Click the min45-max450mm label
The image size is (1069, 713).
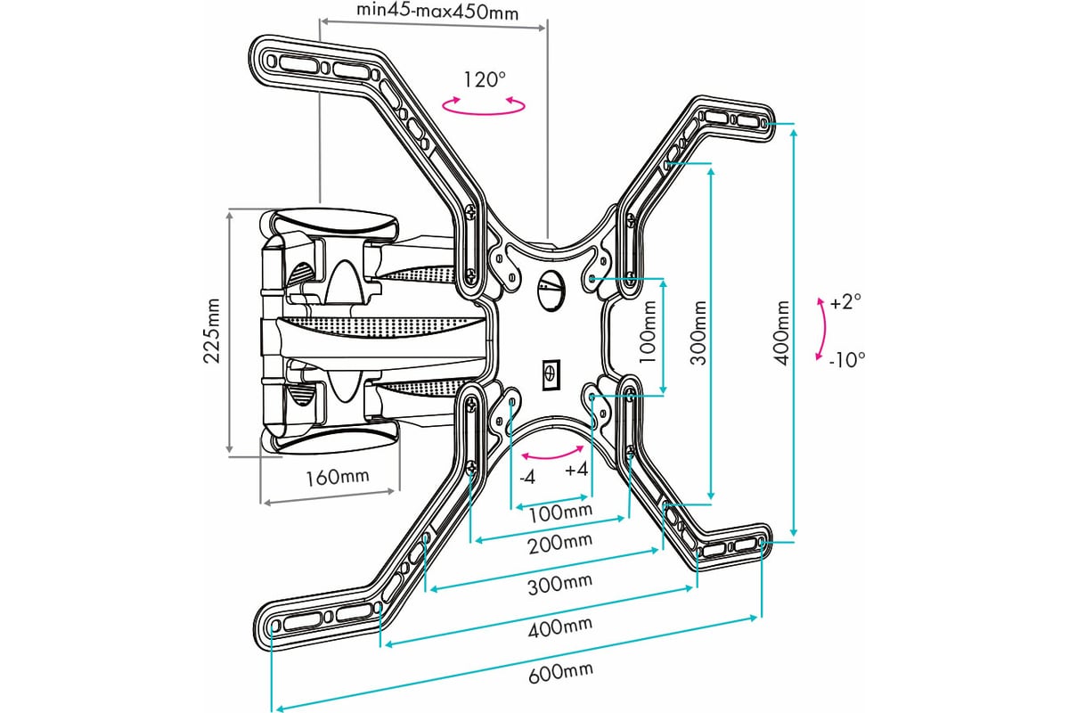(437, 12)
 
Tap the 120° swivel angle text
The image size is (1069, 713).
(484, 79)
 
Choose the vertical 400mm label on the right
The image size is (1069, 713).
(781, 332)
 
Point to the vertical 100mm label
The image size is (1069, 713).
(649, 332)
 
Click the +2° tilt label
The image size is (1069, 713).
(845, 303)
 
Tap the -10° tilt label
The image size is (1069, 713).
(846, 360)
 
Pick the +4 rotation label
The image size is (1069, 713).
(577, 471)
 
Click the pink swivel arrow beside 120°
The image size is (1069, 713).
(484, 105)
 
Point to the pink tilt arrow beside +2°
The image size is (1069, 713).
(820, 330)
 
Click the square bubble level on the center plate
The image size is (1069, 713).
(550, 372)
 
